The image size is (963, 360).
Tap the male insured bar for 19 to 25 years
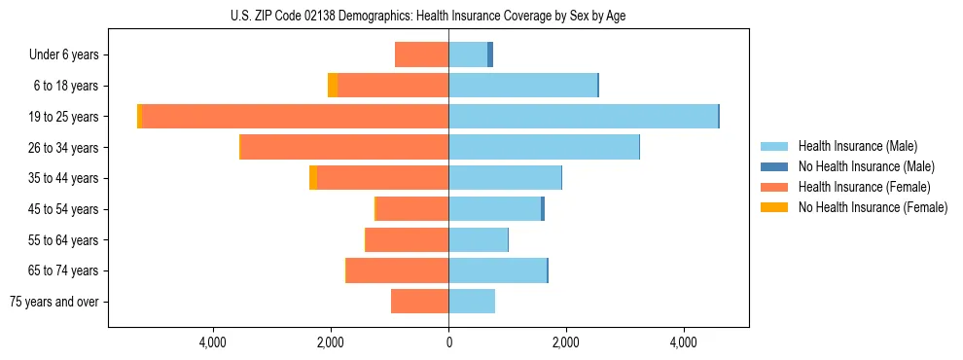(583, 117)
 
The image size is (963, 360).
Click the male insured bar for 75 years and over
(472, 302)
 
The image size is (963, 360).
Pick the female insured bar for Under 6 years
(421, 54)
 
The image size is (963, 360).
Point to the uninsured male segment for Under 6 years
(490, 54)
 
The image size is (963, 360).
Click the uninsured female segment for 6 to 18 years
(333, 86)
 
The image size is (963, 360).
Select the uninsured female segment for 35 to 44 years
(313, 178)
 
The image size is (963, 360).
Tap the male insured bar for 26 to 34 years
(544, 147)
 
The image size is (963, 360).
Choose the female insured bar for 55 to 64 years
(407, 239)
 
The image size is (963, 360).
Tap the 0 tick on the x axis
(448, 342)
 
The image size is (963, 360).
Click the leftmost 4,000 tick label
(212, 342)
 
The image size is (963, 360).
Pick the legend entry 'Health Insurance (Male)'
(857, 146)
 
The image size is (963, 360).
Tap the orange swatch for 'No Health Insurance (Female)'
(775, 207)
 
